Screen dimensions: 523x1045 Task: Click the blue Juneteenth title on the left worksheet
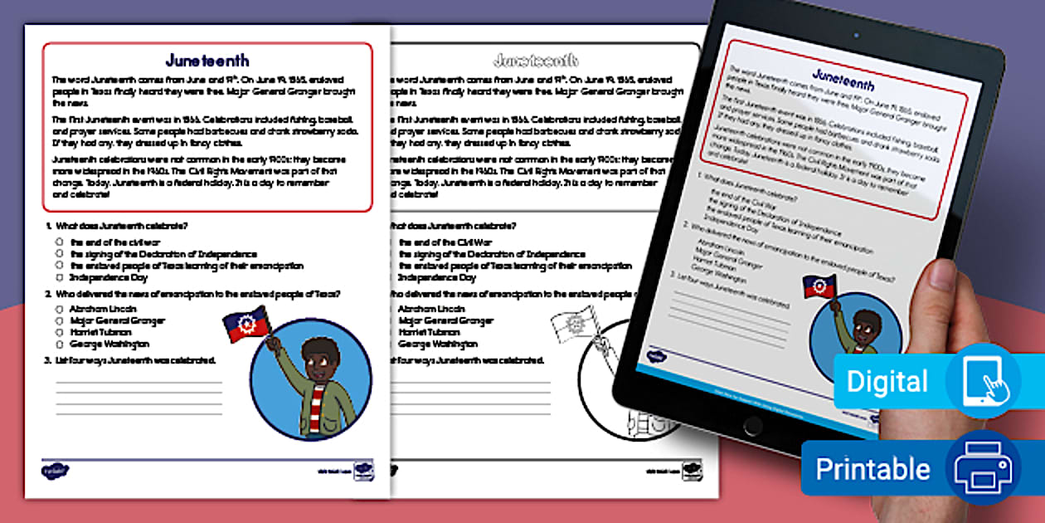pyautogui.click(x=207, y=61)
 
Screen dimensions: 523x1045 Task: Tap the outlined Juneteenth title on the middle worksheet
pyautogui.click(x=535, y=61)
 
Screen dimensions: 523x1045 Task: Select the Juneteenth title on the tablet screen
pyautogui.click(x=842, y=80)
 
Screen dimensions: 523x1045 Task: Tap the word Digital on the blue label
pyautogui.click(x=887, y=382)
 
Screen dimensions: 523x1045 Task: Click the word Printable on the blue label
pyautogui.click(x=872, y=469)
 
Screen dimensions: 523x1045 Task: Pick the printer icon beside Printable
pyautogui.click(x=984, y=467)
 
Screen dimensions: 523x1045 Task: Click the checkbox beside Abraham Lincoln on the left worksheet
pyautogui.click(x=60, y=308)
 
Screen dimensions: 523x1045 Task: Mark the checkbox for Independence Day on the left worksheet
pyautogui.click(x=60, y=277)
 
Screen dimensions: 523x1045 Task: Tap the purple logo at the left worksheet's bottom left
pyautogui.click(x=55, y=471)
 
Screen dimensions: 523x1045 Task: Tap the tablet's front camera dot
pyautogui.click(x=856, y=36)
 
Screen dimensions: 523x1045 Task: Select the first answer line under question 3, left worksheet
pyautogui.click(x=139, y=382)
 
